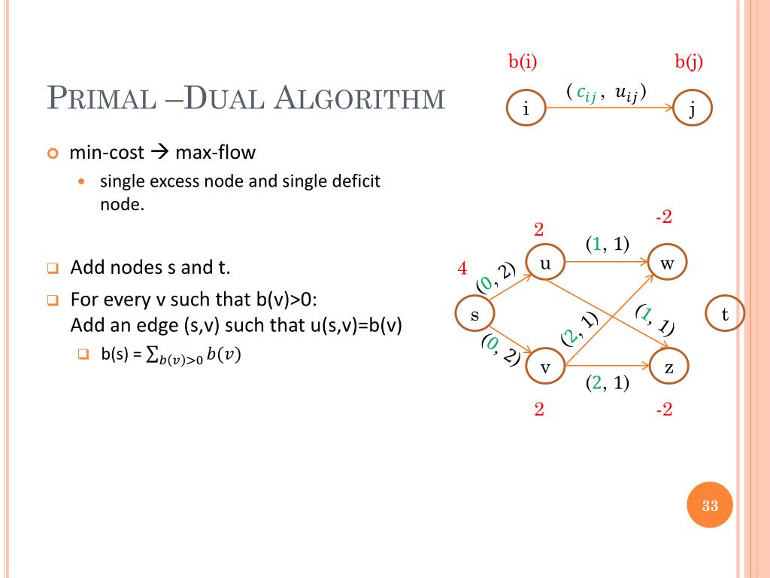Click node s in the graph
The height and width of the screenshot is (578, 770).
[475, 315]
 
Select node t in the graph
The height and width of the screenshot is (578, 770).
[725, 315]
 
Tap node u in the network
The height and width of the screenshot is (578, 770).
[545, 263]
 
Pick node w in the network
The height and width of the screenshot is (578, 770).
[668, 263]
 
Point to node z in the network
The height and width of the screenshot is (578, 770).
[668, 367]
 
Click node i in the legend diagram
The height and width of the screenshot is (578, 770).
[526, 109]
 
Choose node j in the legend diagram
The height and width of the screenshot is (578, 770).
[692, 109]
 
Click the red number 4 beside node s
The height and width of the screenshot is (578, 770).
[462, 269]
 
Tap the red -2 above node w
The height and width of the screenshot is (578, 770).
[662, 218]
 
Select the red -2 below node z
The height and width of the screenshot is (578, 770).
[662, 410]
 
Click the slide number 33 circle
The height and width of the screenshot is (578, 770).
[710, 505]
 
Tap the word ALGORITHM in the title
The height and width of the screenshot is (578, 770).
[361, 99]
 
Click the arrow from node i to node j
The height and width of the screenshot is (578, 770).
[609, 109]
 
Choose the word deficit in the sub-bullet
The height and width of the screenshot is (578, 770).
[354, 181]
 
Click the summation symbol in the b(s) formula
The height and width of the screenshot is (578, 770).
[152, 355]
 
